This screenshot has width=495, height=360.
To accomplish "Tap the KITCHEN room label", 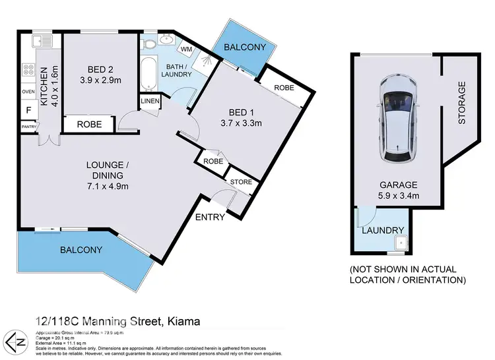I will [45, 86].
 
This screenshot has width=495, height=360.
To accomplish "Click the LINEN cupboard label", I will [149, 101].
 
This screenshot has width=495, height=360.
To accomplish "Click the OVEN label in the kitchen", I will [28, 92].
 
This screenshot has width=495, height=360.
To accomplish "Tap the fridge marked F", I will [28, 110].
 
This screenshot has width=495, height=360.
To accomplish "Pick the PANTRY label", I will [28, 126].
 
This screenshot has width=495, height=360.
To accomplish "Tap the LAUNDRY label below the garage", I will [383, 230].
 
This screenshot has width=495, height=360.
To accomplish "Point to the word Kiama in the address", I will [182, 321].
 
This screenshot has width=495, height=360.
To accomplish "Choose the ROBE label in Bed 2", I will [88, 124].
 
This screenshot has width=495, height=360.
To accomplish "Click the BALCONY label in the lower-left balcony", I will [82, 250].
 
